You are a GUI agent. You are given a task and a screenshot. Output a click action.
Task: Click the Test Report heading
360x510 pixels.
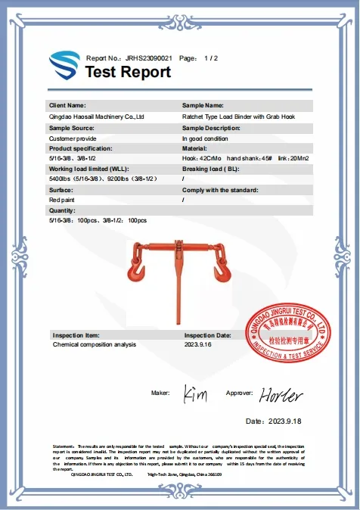(x=128, y=73)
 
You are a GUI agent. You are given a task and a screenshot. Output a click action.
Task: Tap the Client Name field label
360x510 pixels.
(x=67, y=105)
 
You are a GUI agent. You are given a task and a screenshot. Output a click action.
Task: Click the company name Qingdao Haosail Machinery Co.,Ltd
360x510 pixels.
(x=96, y=117)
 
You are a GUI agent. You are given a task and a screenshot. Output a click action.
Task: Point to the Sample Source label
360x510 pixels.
(x=73, y=129)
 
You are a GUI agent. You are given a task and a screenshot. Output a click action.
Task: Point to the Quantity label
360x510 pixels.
(x=63, y=210)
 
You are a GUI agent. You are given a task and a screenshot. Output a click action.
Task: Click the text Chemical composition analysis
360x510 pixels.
(x=95, y=344)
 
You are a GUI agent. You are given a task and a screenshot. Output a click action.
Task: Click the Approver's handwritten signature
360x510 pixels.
(x=281, y=395)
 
